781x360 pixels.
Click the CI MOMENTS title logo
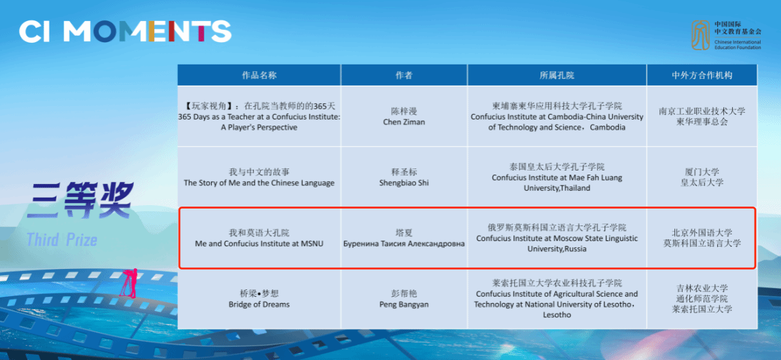(125, 32)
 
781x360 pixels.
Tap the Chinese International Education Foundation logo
(726, 35)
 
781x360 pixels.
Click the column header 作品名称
(259, 75)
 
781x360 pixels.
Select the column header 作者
(404, 75)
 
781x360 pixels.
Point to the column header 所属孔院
(557, 75)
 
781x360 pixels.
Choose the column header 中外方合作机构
(702, 75)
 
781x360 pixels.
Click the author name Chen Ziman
(404, 122)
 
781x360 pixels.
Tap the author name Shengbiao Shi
(404, 183)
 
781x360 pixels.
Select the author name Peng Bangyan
(404, 304)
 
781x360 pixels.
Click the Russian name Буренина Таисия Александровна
(404, 243)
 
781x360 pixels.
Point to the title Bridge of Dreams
(259, 304)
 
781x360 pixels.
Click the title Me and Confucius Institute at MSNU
(259, 243)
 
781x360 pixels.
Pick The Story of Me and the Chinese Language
(259, 183)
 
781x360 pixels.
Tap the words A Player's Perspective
(259, 128)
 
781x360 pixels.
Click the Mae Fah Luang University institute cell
(557, 177)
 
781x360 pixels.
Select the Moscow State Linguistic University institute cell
(557, 238)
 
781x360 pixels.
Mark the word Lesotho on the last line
(557, 314)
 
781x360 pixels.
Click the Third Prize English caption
(62, 240)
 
